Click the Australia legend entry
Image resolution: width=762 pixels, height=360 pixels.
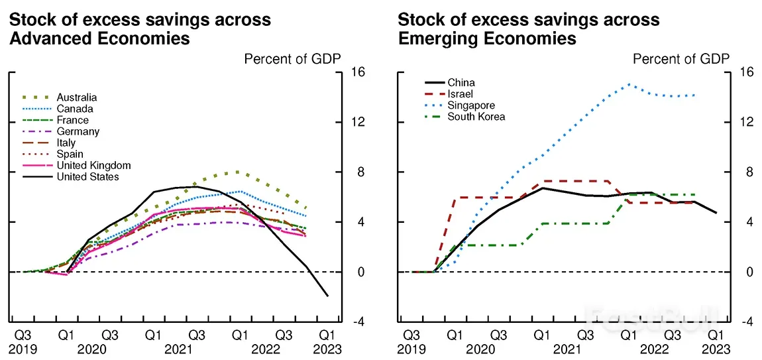[x=76, y=97]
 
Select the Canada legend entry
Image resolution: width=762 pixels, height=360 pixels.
[x=74, y=109]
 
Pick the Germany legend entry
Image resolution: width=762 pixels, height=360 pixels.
[x=78, y=131]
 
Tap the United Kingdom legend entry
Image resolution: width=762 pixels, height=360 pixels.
[x=93, y=165]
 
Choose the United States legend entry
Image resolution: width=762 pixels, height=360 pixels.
[x=87, y=176]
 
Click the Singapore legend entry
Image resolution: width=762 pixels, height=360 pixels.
[x=470, y=105]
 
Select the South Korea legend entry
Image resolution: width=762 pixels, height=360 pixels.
[x=476, y=117]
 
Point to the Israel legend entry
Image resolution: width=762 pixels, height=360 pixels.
[x=461, y=94]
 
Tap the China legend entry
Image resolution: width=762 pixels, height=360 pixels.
[x=461, y=83]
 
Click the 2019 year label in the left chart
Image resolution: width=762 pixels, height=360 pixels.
[x=23, y=349]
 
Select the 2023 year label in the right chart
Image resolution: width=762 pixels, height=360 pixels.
[x=716, y=349]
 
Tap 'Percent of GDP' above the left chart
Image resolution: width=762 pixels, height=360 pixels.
[x=292, y=58]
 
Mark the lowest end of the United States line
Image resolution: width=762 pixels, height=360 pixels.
[x=327, y=296]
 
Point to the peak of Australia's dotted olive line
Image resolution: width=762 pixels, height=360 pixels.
[x=237, y=172]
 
